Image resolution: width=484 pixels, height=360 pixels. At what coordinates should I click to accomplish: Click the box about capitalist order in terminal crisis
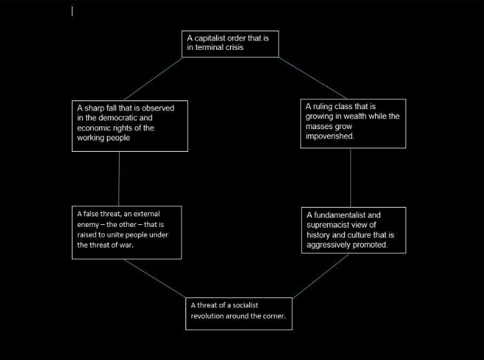pos(230,43)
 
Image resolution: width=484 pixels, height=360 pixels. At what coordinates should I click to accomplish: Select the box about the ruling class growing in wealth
pos(352,124)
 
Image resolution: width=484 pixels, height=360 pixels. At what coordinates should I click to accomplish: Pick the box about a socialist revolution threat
pos(238,313)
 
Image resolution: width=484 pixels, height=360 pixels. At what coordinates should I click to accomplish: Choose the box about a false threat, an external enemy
pos(126,232)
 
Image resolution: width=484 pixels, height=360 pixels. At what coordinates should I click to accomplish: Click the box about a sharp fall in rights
pos(130,126)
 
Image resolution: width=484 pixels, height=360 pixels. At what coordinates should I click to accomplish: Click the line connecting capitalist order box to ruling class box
pos(312,78)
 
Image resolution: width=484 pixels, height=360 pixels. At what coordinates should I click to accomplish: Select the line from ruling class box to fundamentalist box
pos(350,178)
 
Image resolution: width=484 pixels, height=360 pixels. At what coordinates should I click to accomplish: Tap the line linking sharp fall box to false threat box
pos(120,178)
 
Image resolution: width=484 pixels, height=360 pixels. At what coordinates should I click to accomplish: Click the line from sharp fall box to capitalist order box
pos(153,79)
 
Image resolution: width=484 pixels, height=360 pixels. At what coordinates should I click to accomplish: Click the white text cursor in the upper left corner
pos(72,11)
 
